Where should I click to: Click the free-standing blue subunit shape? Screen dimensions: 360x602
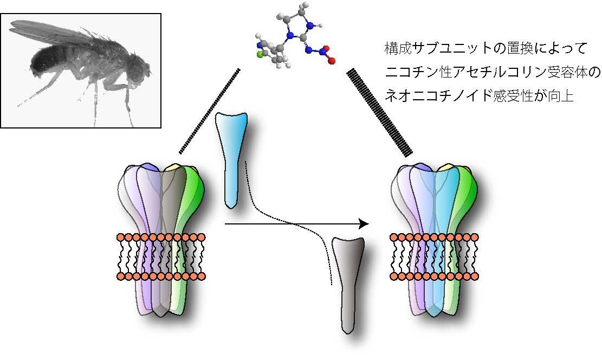(231, 157)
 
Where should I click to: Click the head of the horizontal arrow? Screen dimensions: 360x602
(364, 223)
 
